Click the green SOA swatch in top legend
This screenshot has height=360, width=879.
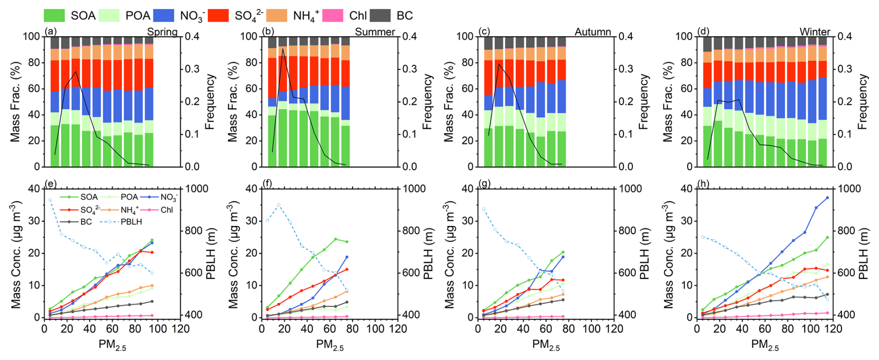(54, 15)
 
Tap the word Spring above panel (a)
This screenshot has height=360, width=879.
(162, 32)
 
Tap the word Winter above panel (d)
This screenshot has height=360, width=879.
(814, 32)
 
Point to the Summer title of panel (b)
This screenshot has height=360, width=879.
(375, 32)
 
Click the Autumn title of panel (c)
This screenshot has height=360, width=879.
(593, 32)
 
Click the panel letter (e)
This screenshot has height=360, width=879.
(49, 184)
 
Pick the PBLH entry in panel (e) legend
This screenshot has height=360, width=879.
(131, 222)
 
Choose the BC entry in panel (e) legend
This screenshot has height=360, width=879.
(86, 222)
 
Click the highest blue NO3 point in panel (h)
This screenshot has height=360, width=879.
(827, 198)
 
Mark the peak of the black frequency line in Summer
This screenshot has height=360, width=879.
(282, 49)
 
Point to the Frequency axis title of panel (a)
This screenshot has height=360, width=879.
(210, 101)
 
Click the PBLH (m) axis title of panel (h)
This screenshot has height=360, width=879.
(863, 253)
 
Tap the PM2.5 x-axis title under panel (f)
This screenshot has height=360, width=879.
(330, 345)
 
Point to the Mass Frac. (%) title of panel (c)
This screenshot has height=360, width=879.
(449, 101)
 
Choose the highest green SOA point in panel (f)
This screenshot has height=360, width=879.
(335, 239)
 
